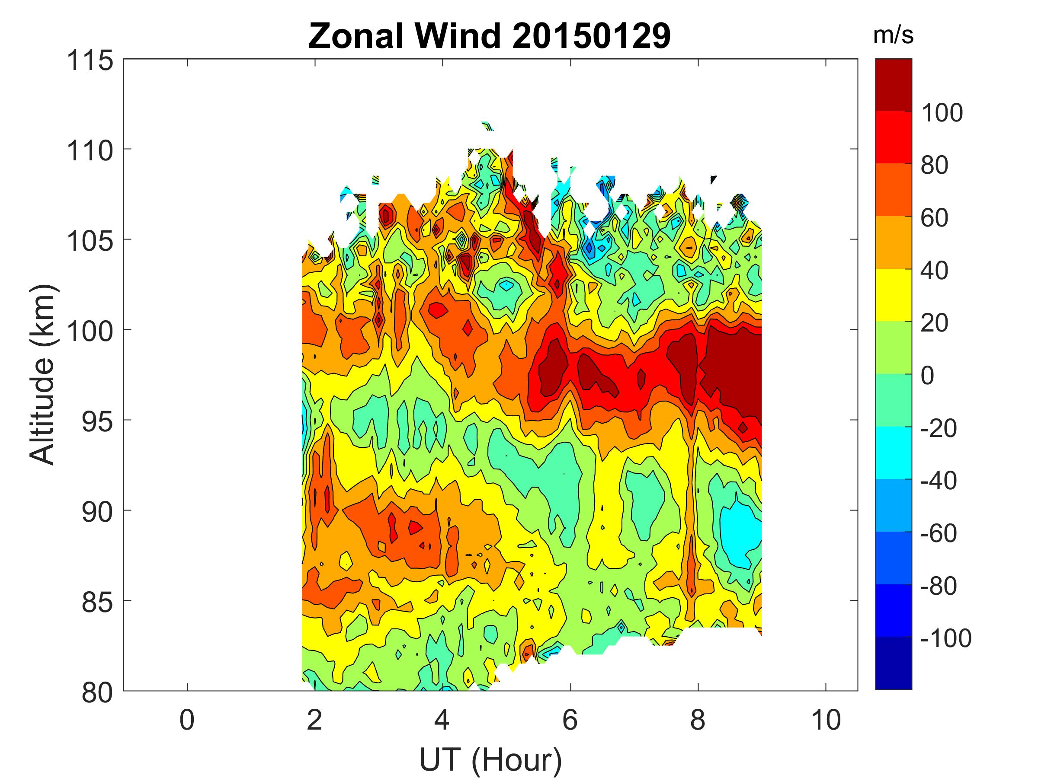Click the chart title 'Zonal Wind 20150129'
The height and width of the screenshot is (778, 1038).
pyautogui.click(x=490, y=35)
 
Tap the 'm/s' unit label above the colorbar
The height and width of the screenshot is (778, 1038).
pyautogui.click(x=893, y=35)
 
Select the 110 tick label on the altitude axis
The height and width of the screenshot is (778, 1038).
pyautogui.click(x=90, y=151)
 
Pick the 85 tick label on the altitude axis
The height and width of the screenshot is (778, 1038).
pyautogui.click(x=97, y=602)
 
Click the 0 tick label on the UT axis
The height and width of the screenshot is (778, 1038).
pyautogui.click(x=187, y=720)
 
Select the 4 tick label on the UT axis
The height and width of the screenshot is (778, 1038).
pyautogui.click(x=442, y=720)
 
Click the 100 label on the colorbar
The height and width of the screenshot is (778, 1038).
pyautogui.click(x=941, y=112)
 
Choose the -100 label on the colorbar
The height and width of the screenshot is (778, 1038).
pyautogui.click(x=945, y=638)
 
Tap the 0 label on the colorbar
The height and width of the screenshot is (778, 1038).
pyautogui.click(x=927, y=376)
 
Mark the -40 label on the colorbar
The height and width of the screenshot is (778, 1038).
pyautogui.click(x=939, y=481)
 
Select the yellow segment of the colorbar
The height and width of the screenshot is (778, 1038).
pyautogui.click(x=893, y=294)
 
